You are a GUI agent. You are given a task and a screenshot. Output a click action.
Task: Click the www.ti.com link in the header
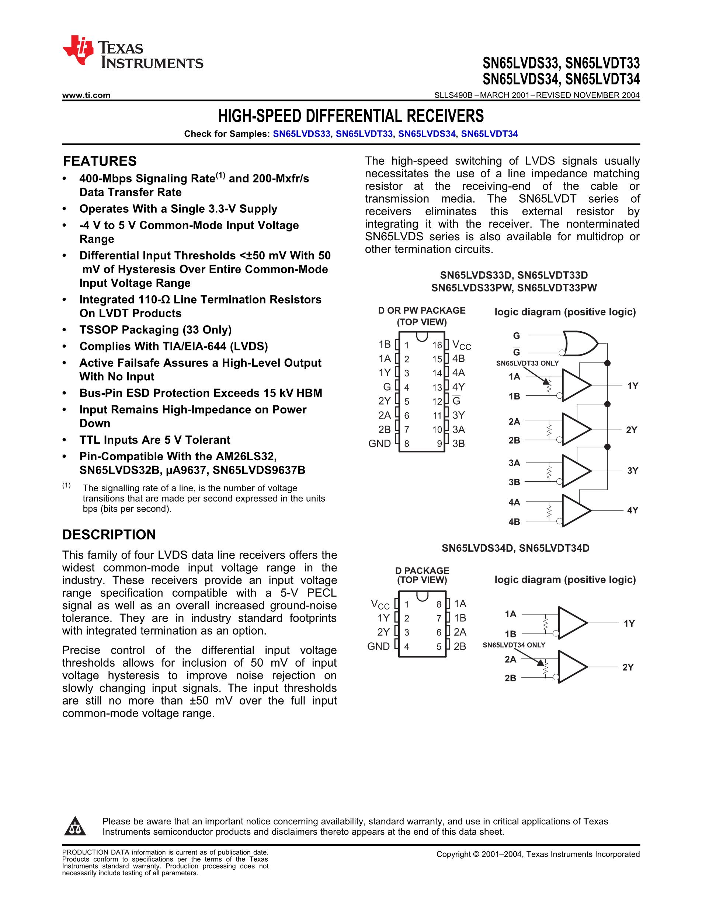tap(86, 95)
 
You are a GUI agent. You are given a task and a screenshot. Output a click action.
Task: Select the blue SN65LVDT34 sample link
tap(490, 134)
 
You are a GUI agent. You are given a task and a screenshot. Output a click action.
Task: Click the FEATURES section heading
tap(100, 161)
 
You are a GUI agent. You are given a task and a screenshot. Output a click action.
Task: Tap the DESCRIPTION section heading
tap(109, 535)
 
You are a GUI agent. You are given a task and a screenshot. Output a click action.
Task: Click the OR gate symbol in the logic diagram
tap(580, 343)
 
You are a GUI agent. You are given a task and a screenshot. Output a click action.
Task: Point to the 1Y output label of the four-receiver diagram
tap(633, 386)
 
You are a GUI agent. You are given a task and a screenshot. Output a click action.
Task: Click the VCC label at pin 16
tap(461, 345)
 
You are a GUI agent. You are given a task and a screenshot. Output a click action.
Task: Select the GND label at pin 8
tap(379, 444)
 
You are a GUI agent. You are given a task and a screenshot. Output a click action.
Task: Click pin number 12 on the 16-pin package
tap(437, 402)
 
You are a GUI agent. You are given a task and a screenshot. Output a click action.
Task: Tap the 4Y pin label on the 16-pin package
tap(458, 387)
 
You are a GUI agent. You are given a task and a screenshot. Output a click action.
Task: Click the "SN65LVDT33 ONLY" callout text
tap(527, 363)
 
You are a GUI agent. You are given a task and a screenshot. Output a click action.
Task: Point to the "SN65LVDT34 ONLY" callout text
tap(514, 645)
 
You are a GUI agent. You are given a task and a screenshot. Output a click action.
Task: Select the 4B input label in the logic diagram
tap(514, 522)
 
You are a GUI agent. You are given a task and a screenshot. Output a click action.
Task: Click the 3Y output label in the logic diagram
tap(633, 471)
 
